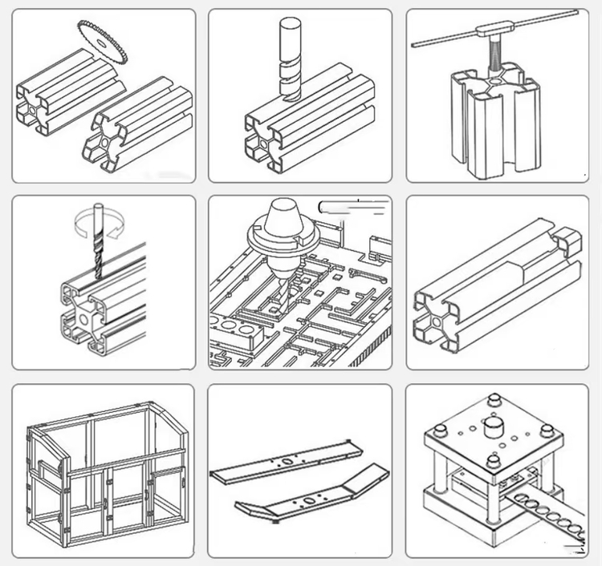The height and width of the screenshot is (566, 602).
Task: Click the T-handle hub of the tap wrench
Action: click(x=489, y=30)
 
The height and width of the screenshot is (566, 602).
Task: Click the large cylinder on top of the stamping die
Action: click(x=491, y=422)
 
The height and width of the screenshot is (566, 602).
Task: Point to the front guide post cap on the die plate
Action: click(x=494, y=463)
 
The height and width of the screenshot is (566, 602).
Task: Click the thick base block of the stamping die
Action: click(x=458, y=521)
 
